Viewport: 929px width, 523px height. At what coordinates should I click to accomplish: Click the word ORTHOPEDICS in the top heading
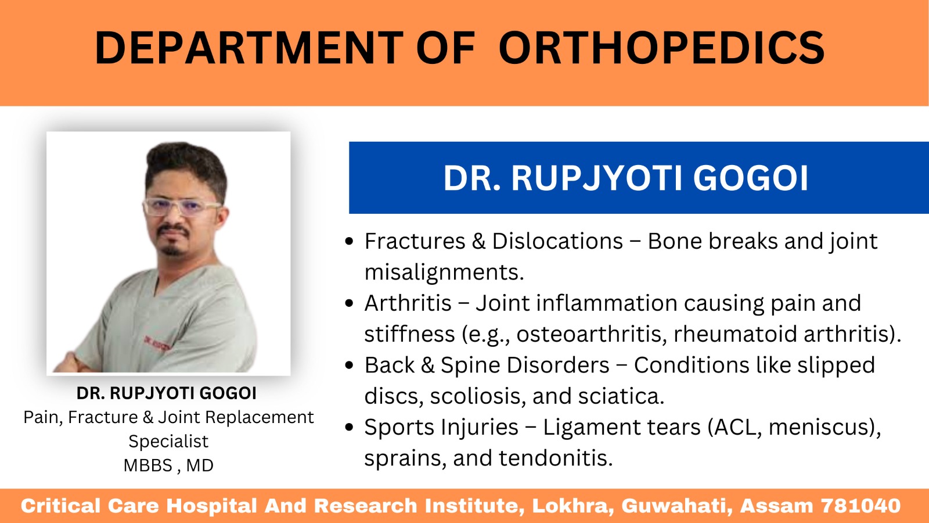coord(661,47)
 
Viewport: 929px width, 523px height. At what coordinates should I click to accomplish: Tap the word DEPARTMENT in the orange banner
coord(249,47)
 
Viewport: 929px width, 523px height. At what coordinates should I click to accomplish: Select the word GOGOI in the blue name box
coord(751,178)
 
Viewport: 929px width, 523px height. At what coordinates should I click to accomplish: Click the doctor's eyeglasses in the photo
coord(182,207)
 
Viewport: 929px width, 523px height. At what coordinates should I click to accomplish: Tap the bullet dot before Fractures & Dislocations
coord(349,241)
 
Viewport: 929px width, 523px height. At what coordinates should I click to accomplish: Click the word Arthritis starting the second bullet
coord(408,303)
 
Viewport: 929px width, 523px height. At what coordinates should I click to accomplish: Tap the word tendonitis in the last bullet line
coord(556,458)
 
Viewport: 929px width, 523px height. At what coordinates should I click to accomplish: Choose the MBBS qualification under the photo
coord(147,465)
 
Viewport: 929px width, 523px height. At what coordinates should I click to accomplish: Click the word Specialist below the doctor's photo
coord(168,442)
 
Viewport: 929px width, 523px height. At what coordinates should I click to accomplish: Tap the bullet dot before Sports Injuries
coord(349,427)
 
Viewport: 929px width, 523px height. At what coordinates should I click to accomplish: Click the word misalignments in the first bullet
coord(444,273)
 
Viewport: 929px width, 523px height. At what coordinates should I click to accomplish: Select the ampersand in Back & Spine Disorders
coord(427,366)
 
